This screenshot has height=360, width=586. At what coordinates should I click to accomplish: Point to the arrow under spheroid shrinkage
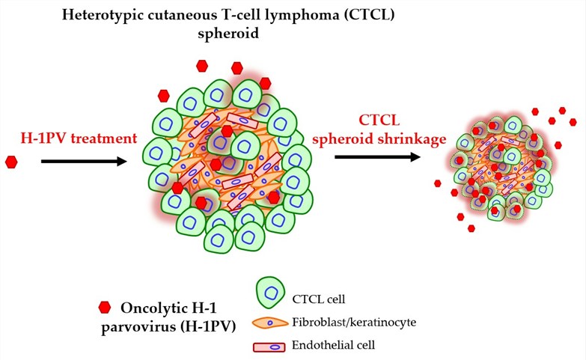tap(376, 157)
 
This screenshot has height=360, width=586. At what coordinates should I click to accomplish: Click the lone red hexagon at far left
tap(11, 162)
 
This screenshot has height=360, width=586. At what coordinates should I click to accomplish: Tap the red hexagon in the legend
tap(105, 307)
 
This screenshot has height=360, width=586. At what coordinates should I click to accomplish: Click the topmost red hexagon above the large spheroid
tap(201, 66)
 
